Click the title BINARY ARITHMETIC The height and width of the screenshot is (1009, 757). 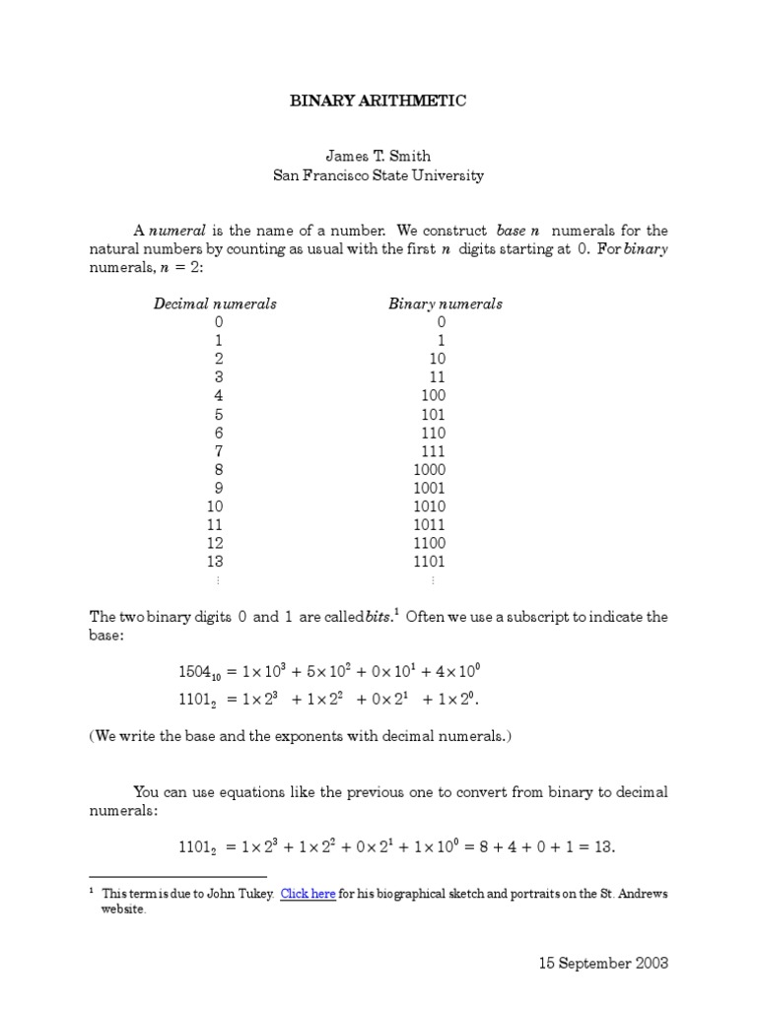pyautogui.click(x=378, y=101)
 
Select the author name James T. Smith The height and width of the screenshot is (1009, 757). pyautogui.click(x=378, y=156)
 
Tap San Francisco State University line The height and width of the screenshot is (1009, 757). pyautogui.click(x=378, y=175)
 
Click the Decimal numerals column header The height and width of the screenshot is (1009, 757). pyautogui.click(x=215, y=303)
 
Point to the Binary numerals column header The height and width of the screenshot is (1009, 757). pyautogui.click(x=445, y=303)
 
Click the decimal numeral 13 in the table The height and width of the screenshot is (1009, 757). pyautogui.click(x=215, y=562)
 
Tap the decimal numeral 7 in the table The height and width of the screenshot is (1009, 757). pyautogui.click(x=218, y=451)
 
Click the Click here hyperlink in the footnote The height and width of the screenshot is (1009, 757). pyautogui.click(x=308, y=894)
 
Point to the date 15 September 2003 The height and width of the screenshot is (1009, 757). pyautogui.click(x=603, y=963)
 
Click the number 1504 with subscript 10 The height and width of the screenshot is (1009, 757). pyautogui.click(x=197, y=673)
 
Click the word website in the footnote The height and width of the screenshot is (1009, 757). pyautogui.click(x=123, y=909)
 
